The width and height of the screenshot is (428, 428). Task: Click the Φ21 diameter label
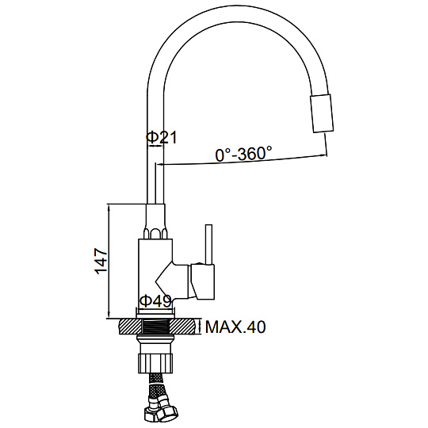[x=162, y=137]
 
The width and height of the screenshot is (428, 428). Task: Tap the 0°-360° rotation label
[x=244, y=154]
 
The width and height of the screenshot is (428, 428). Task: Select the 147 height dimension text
[x=101, y=262]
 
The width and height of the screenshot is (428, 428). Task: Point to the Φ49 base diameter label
[x=155, y=301]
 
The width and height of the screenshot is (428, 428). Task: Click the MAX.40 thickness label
[x=235, y=327]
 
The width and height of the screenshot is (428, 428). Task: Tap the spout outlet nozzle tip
[x=322, y=113]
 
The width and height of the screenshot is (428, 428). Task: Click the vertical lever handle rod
[x=208, y=245]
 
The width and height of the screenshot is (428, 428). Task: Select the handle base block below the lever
[x=203, y=281]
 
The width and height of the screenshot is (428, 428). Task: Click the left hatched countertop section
[x=130, y=327]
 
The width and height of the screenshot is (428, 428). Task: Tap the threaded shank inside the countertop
[x=156, y=327]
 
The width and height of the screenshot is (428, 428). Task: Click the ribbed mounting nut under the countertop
[x=156, y=363]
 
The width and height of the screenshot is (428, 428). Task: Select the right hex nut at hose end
[x=167, y=411]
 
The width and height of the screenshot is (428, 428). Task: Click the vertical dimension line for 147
[x=109, y=261]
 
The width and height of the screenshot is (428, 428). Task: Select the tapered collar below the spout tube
[x=155, y=221]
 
